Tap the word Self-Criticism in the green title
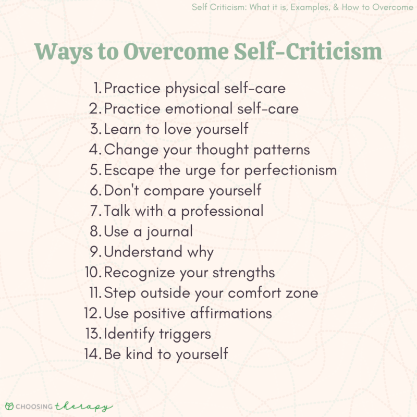[310, 53]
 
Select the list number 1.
[97, 88]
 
